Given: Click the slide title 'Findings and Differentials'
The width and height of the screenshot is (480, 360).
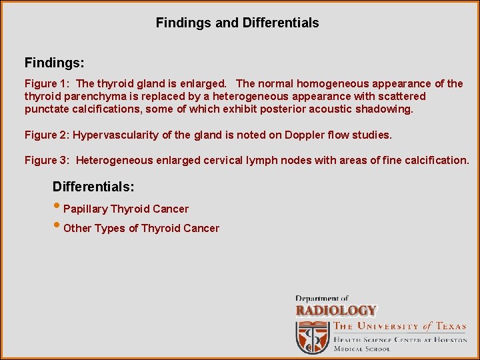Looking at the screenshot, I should click(237, 23).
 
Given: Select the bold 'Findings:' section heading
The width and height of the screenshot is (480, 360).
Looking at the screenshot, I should click(54, 63).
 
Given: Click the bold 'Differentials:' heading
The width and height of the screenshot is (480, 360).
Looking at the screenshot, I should click(93, 186).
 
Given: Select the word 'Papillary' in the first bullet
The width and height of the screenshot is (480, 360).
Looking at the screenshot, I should click(85, 209).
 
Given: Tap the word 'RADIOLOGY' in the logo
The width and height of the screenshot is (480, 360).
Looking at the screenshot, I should click(336, 311).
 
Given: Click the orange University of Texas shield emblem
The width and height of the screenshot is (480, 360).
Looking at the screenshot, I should click(311, 337).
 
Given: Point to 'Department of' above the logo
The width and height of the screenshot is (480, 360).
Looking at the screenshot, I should click(322, 299).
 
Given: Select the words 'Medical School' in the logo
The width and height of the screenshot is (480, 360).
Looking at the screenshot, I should click(362, 349).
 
